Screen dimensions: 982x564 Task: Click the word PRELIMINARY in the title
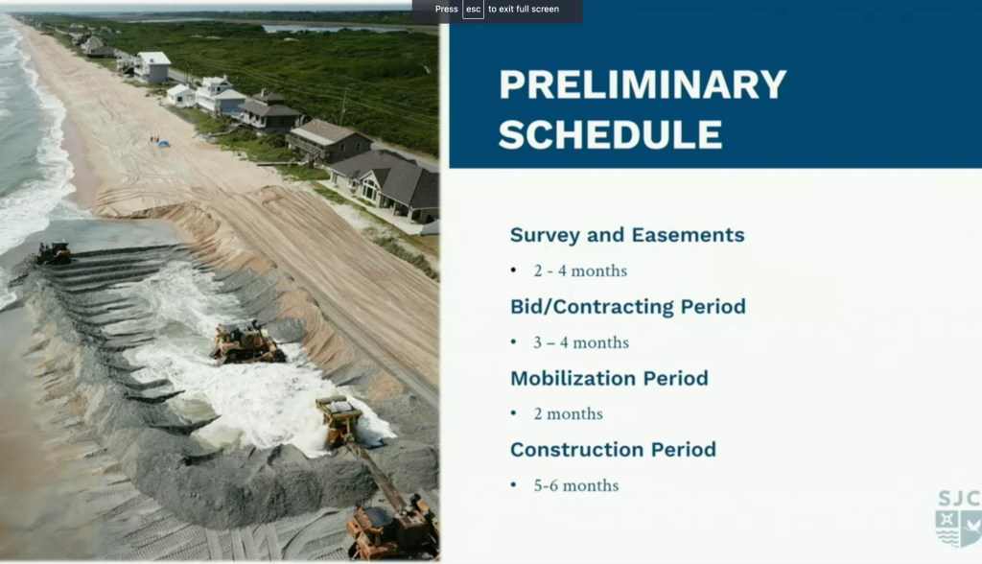643,84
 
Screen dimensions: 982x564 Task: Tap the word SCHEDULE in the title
611,134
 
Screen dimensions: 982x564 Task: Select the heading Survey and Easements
627,235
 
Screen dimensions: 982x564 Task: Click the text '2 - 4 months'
580,270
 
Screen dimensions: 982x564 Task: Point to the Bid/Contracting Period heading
628,306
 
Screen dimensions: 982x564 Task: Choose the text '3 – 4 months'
581,342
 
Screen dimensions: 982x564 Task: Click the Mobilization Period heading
609,379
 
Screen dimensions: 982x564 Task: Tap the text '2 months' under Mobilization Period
568,414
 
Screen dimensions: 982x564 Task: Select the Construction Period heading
613,450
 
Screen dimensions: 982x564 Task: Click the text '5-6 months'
576,485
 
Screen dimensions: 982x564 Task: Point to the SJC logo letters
959,498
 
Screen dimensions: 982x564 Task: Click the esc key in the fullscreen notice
474,10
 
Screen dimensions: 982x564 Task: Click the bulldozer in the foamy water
247,343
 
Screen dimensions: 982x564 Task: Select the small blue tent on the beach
163,144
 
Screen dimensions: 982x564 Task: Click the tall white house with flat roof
152,67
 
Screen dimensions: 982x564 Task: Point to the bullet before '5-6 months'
514,485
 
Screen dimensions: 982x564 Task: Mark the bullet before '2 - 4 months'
514,270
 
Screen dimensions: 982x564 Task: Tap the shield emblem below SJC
959,528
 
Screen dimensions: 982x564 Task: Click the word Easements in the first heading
689,235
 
